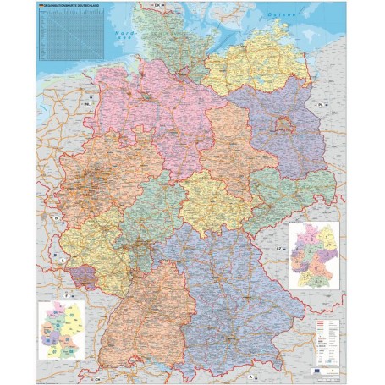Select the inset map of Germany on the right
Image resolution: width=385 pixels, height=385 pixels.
[x=313, y=255]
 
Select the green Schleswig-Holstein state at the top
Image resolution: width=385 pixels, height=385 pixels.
[x=173, y=38]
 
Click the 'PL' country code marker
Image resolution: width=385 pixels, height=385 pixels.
[x=322, y=104]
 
